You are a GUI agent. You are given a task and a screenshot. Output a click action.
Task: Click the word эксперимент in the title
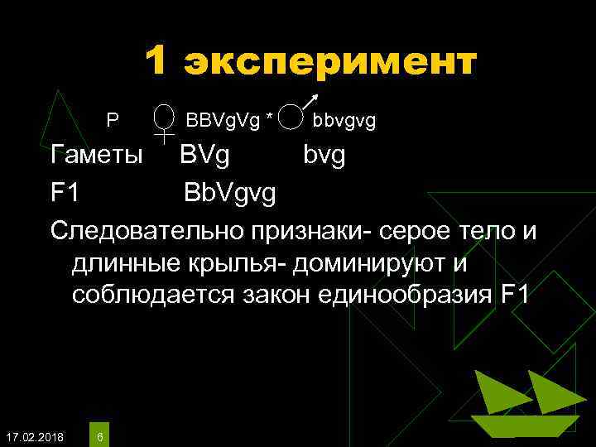pos(330,62)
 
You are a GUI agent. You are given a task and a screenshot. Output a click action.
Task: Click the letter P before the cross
pos(113,122)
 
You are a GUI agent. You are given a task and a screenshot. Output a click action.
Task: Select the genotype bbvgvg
pos(344,122)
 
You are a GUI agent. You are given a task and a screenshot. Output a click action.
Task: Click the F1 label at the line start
pos(65,194)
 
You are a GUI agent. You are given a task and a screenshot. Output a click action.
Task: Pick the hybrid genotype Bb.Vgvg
pos(231,195)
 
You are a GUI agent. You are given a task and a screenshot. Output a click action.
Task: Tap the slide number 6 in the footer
pos(100,435)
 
